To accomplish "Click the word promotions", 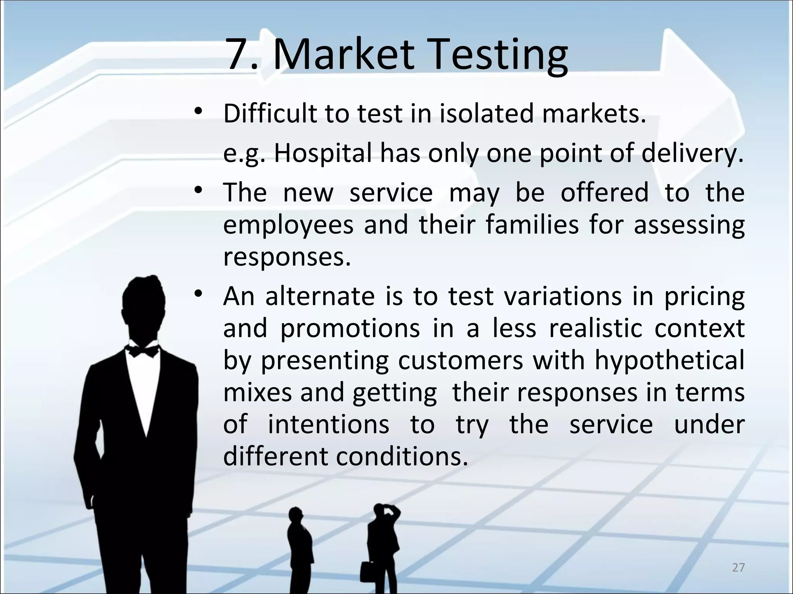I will [350, 329].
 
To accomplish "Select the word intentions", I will [328, 425].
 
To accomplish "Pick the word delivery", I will [693, 154].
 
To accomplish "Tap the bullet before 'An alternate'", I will [199, 294].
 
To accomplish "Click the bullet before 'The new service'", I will [199, 191].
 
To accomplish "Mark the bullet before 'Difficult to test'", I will [199, 112].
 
